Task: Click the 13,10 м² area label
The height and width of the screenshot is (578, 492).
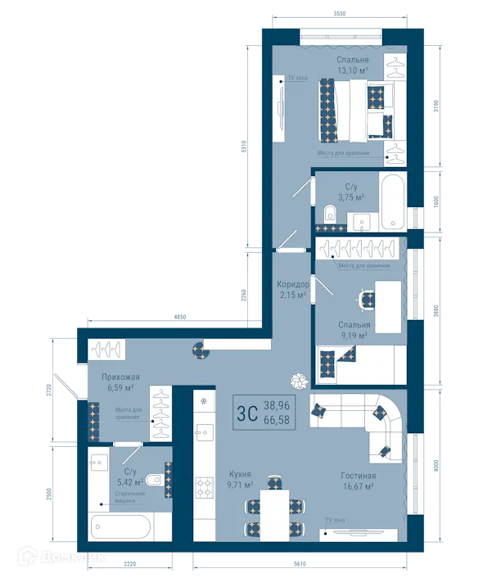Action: (353, 71)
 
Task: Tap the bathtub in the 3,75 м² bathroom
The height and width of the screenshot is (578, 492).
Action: (392, 201)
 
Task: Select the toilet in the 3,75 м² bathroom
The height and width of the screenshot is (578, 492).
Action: (330, 214)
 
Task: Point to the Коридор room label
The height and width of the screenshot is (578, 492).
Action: (292, 284)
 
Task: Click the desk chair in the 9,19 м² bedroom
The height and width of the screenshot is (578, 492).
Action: (363, 300)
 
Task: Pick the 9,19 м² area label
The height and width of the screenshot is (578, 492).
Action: (354, 335)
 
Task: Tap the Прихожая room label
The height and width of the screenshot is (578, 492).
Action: (120, 377)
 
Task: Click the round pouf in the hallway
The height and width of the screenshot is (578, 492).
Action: (201, 351)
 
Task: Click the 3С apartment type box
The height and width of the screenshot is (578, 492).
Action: (246, 412)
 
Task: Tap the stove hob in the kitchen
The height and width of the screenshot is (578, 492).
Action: (204, 487)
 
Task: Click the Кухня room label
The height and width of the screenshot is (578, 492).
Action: (240, 474)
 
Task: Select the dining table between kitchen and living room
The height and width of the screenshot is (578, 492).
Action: (273, 508)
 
